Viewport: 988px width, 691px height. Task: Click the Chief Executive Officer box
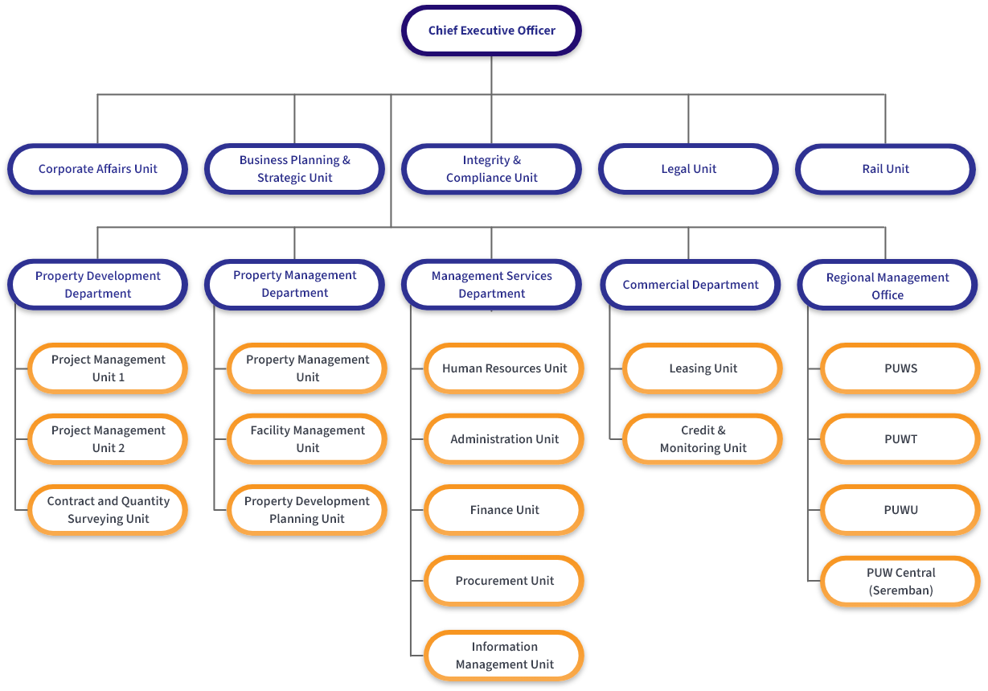pyautogui.click(x=491, y=31)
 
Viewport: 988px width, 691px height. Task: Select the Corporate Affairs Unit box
pyautogui.click(x=97, y=169)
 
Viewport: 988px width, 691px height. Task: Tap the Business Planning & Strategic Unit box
pyautogui.click(x=294, y=169)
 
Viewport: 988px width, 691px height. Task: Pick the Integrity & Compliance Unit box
pyautogui.click(x=491, y=169)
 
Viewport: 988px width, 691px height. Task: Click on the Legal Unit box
pyautogui.click(x=688, y=169)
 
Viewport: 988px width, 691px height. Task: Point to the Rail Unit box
pyautogui.click(x=885, y=169)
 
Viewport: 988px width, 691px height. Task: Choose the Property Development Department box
pyautogui.click(x=97, y=285)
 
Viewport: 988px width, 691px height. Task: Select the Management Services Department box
pyautogui.click(x=491, y=285)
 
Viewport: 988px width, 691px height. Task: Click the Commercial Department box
pyautogui.click(x=690, y=285)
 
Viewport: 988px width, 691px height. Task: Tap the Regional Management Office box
pyautogui.click(x=888, y=286)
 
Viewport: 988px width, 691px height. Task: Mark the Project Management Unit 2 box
pyautogui.click(x=108, y=439)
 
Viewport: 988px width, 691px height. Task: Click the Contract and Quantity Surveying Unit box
pyautogui.click(x=108, y=510)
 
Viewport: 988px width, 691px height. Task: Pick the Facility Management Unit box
pyautogui.click(x=307, y=439)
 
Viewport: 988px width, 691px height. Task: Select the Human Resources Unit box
pyautogui.click(x=504, y=368)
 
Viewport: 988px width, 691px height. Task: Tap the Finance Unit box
pyautogui.click(x=504, y=510)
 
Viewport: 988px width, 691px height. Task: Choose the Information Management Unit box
pyautogui.click(x=504, y=656)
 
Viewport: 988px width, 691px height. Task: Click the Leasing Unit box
pyautogui.click(x=703, y=368)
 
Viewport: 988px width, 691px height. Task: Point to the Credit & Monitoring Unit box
pyautogui.click(x=703, y=439)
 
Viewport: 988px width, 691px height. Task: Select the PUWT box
pyautogui.click(x=900, y=439)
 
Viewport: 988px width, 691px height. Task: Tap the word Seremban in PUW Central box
pyautogui.click(x=900, y=590)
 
